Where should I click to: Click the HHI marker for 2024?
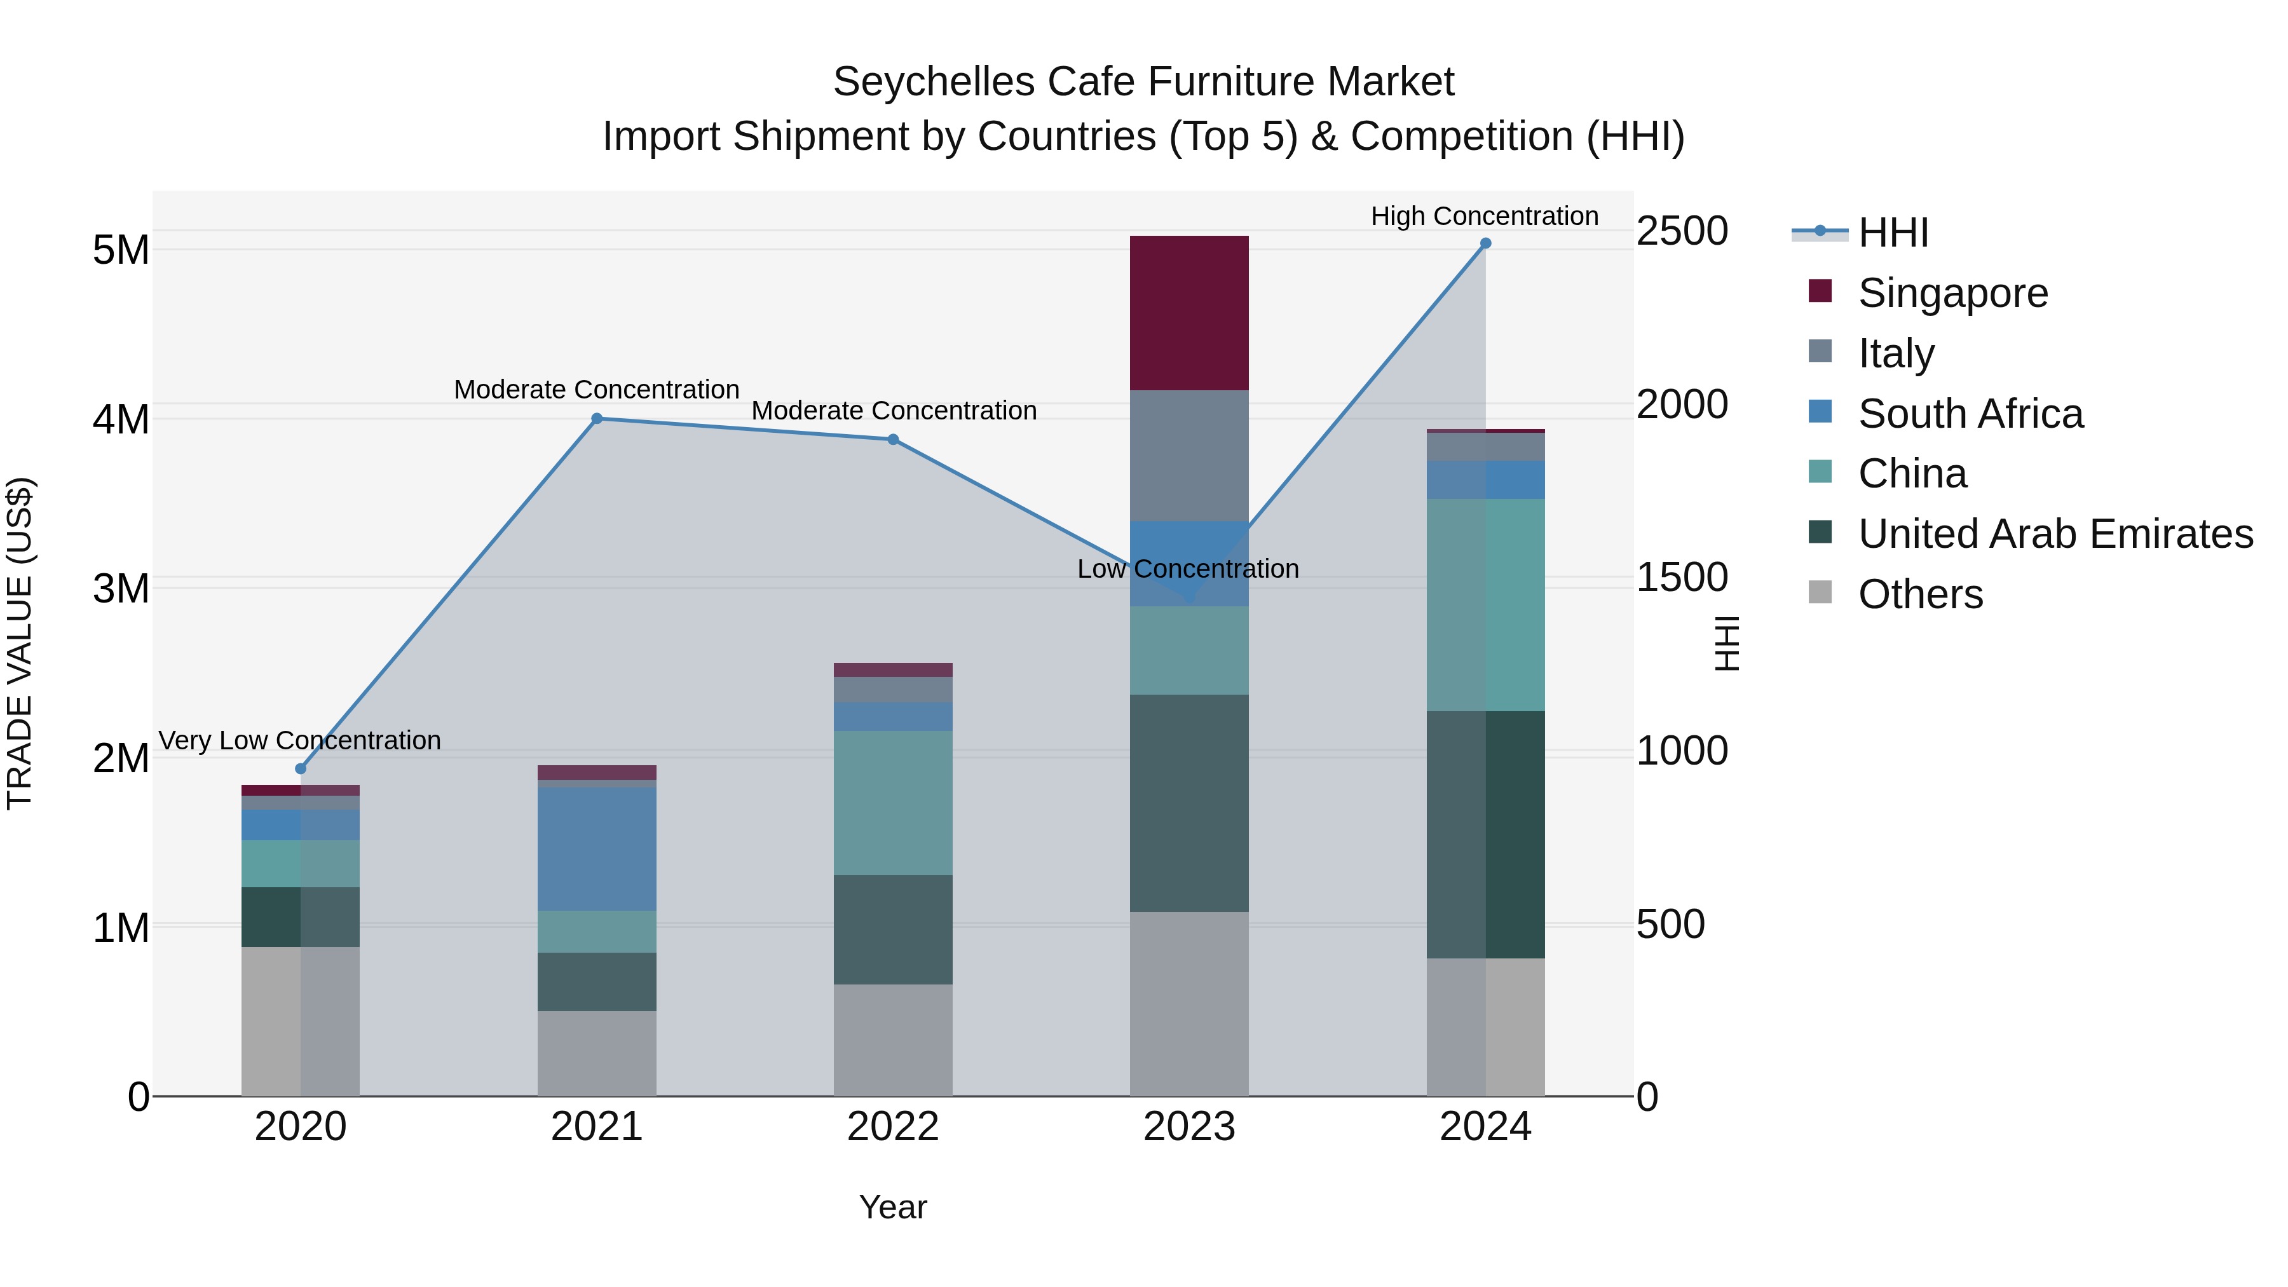point(1485,243)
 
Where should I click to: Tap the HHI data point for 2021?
point(597,418)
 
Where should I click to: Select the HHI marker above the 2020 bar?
point(300,769)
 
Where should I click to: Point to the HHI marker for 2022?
point(894,440)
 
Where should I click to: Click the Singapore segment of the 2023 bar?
point(1188,313)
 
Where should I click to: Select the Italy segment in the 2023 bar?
point(1188,455)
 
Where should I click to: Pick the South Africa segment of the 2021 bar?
point(597,848)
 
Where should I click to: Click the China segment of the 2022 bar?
point(893,802)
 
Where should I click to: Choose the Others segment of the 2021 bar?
point(597,1052)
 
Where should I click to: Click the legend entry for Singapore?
point(1952,293)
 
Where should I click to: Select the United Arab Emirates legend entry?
point(2055,534)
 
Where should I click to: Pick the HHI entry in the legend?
point(1893,233)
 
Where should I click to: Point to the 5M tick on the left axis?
point(121,250)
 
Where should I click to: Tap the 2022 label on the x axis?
point(893,1127)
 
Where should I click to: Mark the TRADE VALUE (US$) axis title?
point(20,643)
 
